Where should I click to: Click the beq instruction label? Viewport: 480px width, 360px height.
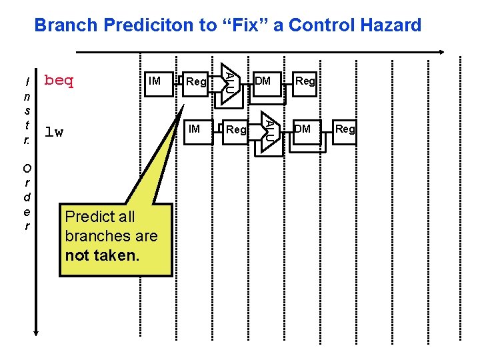pyautogui.click(x=59, y=81)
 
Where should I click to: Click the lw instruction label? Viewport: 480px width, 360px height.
pyautogui.click(x=54, y=132)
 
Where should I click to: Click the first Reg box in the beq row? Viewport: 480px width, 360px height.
pyautogui.click(x=197, y=82)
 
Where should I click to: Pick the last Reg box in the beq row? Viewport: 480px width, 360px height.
pyautogui.click(x=305, y=82)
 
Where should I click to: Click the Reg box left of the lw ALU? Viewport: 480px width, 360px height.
pyautogui.click(x=236, y=129)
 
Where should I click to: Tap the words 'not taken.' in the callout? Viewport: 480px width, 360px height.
pyautogui.click(x=102, y=255)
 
